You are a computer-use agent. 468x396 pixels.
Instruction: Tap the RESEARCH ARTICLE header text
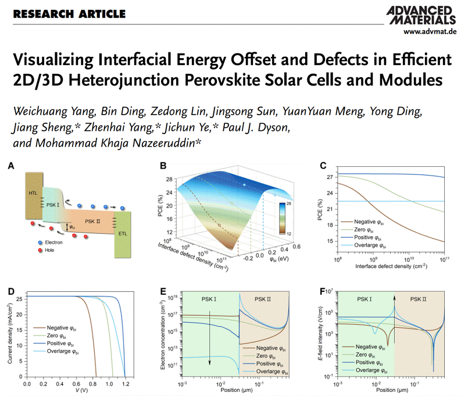pyautogui.click(x=69, y=13)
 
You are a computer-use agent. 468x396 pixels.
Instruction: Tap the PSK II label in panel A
pyautogui.click(x=95, y=222)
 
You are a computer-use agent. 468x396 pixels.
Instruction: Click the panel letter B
pyautogui.click(x=164, y=166)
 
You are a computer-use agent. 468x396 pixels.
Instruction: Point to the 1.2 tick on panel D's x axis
pyautogui.click(x=126, y=384)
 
